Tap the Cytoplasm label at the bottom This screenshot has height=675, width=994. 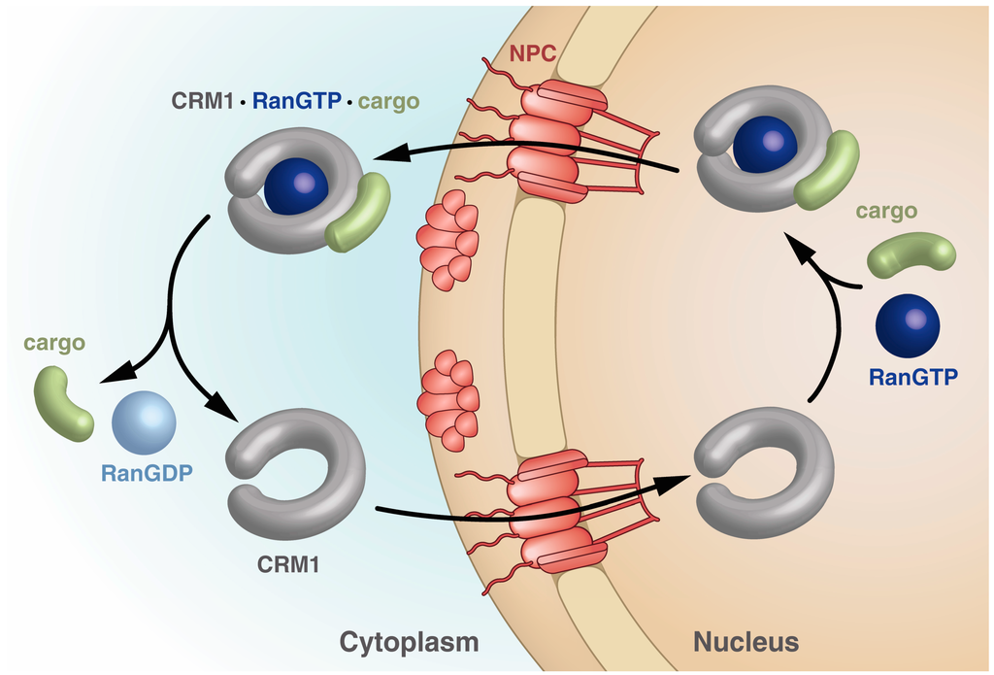[409, 641]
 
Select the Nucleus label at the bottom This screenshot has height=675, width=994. [745, 641]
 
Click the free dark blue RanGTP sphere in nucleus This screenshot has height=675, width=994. [907, 327]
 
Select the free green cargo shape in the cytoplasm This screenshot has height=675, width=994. [62, 403]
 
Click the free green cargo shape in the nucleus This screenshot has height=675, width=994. [911, 254]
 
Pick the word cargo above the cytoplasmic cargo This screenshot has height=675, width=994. [55, 343]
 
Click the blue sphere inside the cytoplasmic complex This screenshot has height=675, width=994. [296, 186]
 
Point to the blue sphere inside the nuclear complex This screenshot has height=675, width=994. [765, 145]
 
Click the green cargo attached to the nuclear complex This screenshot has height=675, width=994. [827, 170]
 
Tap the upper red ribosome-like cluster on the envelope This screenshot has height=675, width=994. [447, 239]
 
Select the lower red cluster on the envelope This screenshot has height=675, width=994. [448, 399]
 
